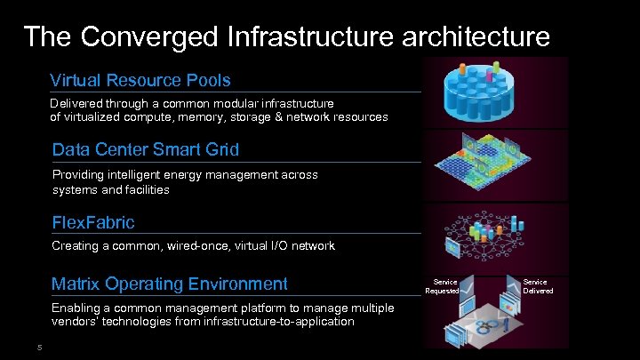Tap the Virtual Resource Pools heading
140,80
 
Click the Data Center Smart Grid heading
146,148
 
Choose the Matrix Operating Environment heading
170,284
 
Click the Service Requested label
442,285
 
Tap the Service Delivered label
538,285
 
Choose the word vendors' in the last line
76,321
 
